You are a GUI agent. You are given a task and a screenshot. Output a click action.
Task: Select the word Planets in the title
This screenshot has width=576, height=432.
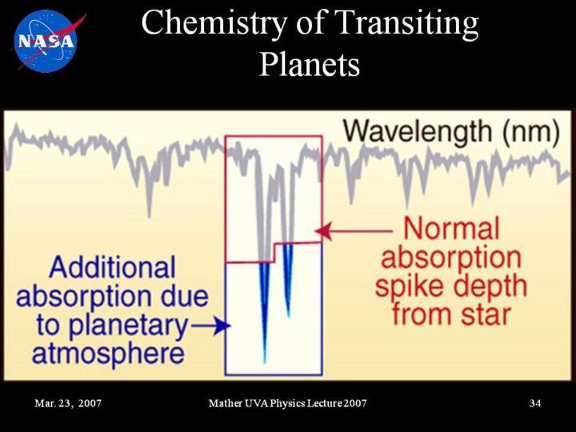pyautogui.click(x=310, y=64)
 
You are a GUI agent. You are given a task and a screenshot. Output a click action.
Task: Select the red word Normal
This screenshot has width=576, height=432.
pyautogui.click(x=452, y=229)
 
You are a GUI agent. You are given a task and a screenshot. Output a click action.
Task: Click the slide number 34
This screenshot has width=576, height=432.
pyautogui.click(x=535, y=403)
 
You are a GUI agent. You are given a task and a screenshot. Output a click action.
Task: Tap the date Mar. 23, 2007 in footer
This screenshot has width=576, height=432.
pyautogui.click(x=68, y=403)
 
